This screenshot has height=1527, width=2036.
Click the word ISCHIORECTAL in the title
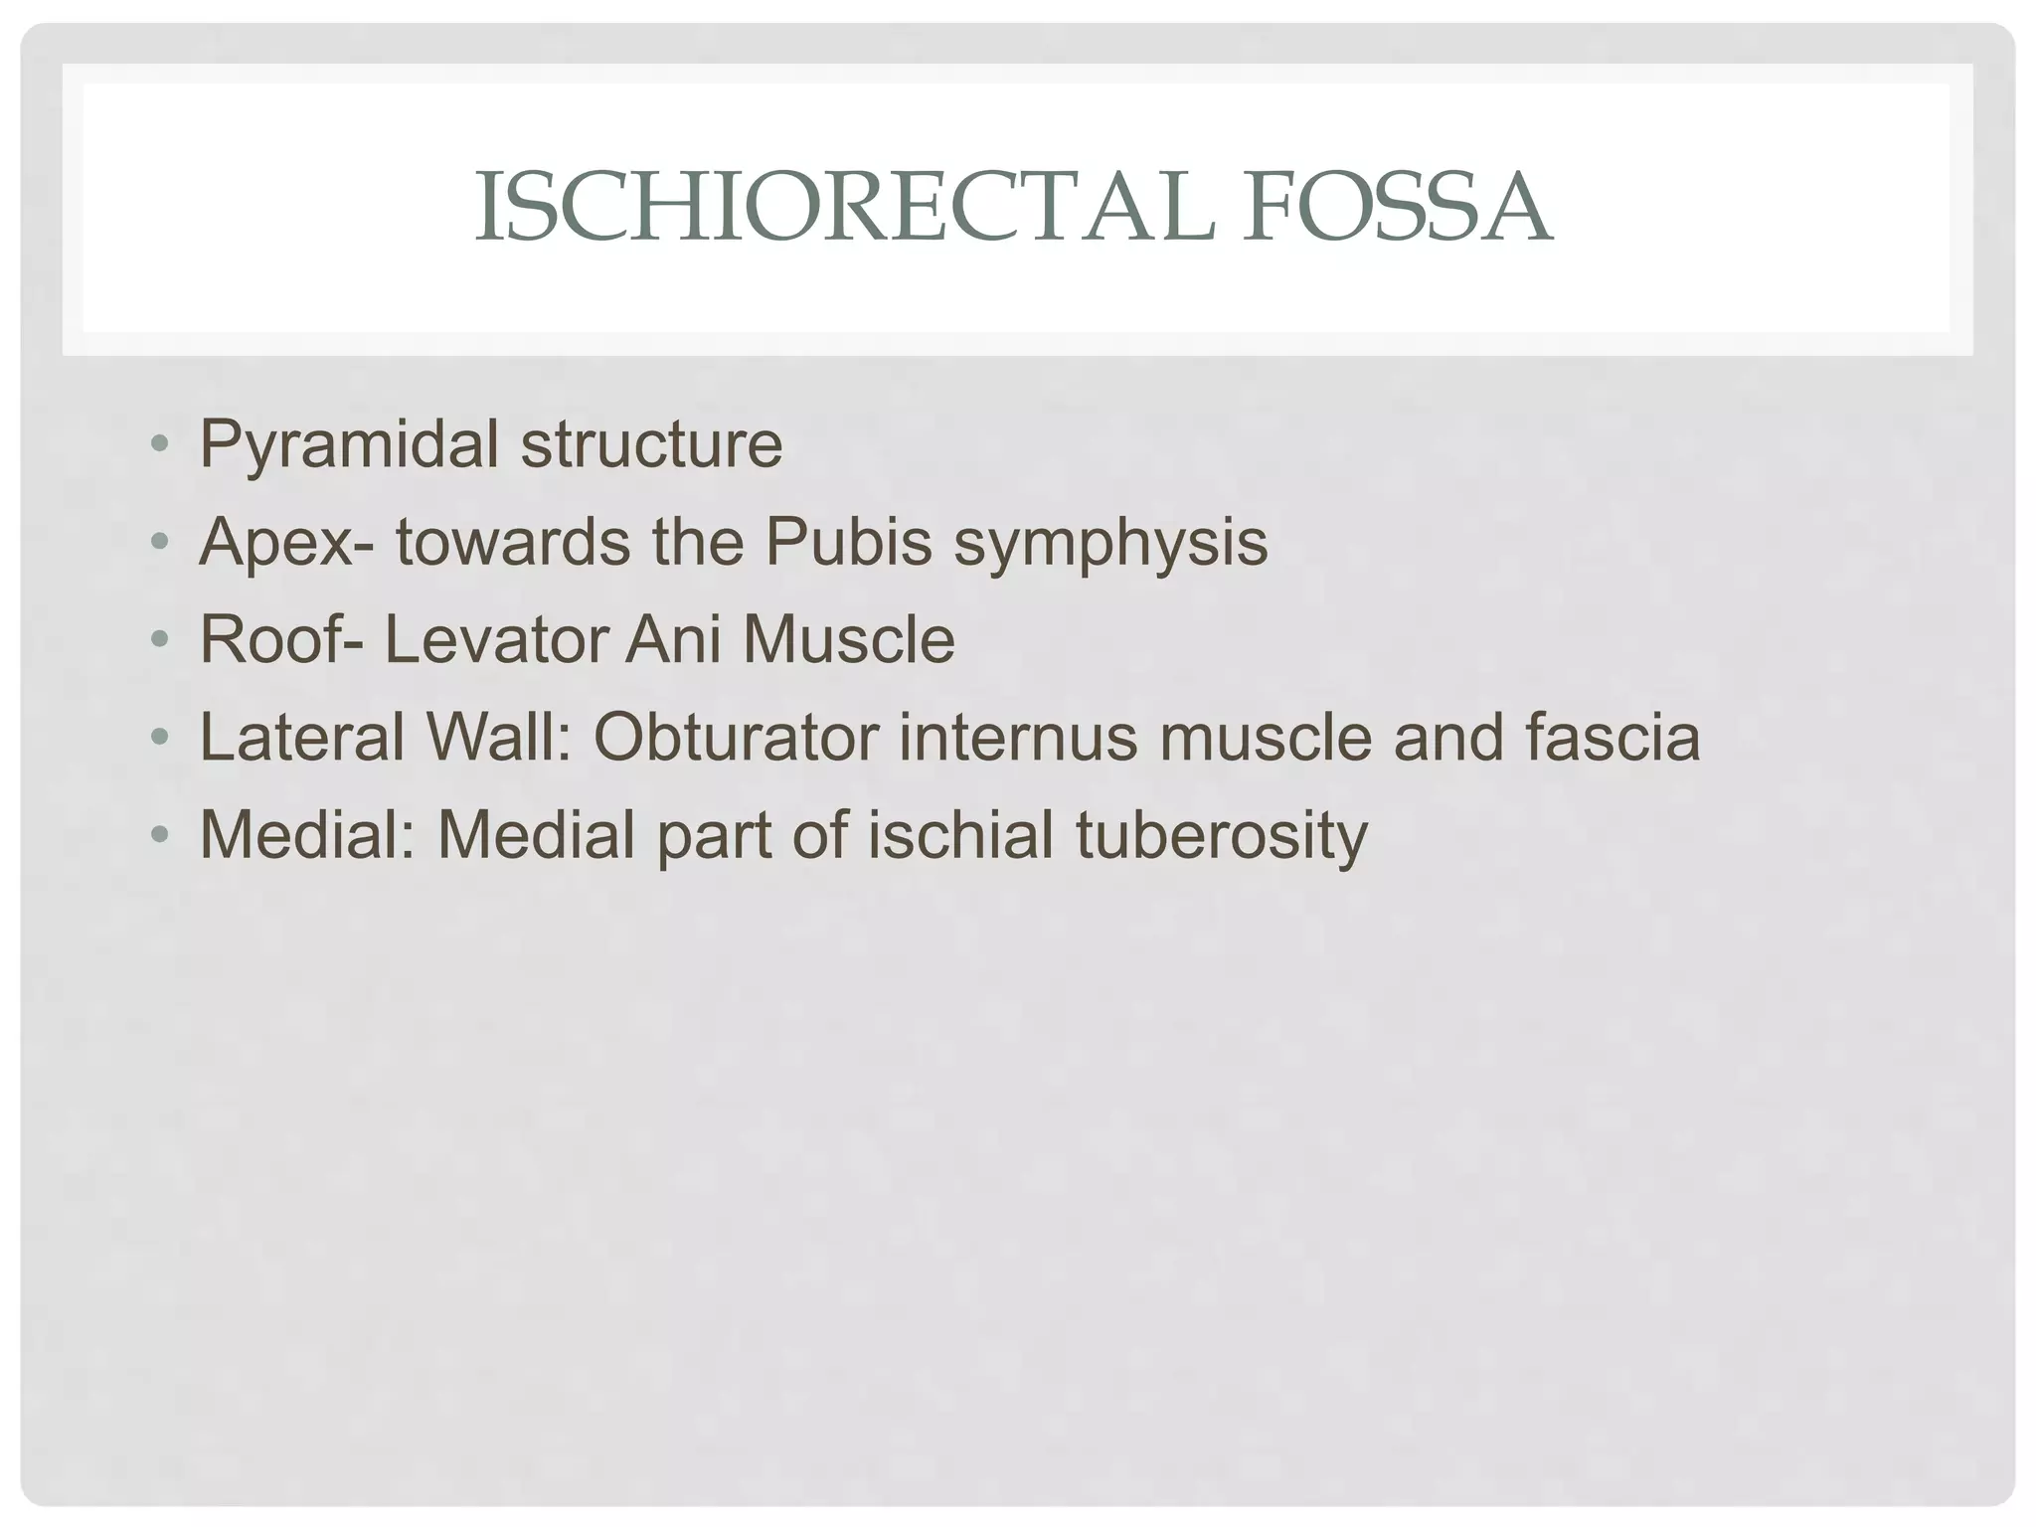click(x=844, y=208)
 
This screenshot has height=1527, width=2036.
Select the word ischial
click(x=960, y=834)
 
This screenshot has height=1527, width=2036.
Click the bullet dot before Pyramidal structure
click(x=159, y=444)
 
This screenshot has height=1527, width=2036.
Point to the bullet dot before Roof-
click(x=159, y=639)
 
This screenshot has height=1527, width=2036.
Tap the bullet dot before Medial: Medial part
click(x=159, y=834)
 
